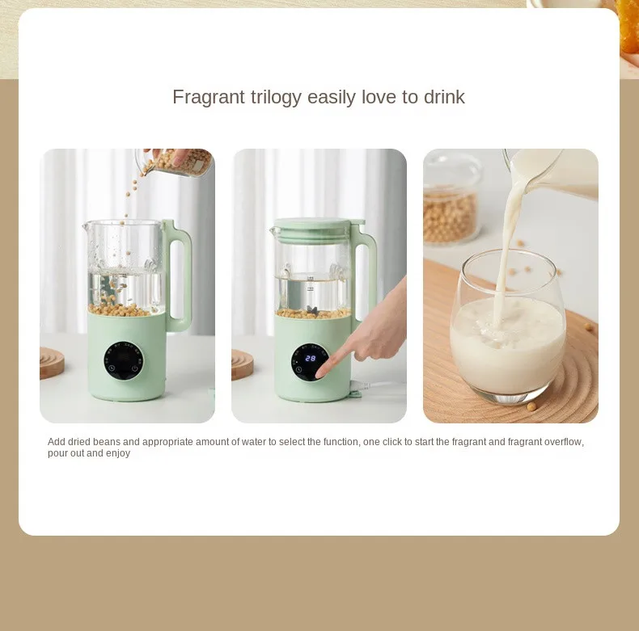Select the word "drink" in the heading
click(x=444, y=98)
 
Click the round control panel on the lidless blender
click(x=124, y=361)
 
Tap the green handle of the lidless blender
click(x=179, y=275)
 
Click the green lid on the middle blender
click(x=313, y=225)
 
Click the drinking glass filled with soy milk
click(x=507, y=331)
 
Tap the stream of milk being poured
click(x=509, y=242)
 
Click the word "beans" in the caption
click(x=121, y=442)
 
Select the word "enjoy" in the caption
click(x=117, y=453)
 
